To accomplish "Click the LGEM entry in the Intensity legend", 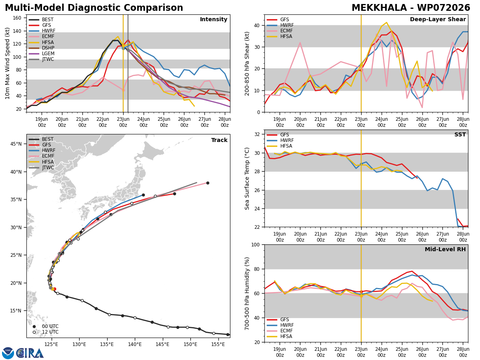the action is [x=42, y=54].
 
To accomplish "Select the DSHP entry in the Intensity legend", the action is [x=42, y=48].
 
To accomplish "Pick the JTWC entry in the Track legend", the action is [x=41, y=168].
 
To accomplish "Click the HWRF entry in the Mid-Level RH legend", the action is [x=280, y=325].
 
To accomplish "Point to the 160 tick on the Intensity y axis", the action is [x=17, y=18].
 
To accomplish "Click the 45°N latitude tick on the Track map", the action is [x=16, y=144].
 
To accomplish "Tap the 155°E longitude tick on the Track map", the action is [x=218, y=344].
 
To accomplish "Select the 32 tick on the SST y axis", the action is [x=257, y=134].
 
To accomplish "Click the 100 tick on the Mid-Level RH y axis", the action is [x=256, y=245].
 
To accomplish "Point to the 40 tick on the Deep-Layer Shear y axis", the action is [x=257, y=25].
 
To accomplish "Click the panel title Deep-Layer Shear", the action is [x=438, y=19].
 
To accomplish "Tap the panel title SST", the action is [x=460, y=134].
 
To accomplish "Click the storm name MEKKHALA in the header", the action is [x=379, y=8].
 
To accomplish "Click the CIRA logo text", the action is [x=30, y=353].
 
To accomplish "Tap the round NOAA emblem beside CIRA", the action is [x=8, y=353].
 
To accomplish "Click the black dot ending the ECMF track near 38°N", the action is [x=208, y=183].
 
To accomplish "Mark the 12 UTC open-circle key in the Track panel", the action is [x=46, y=332].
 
